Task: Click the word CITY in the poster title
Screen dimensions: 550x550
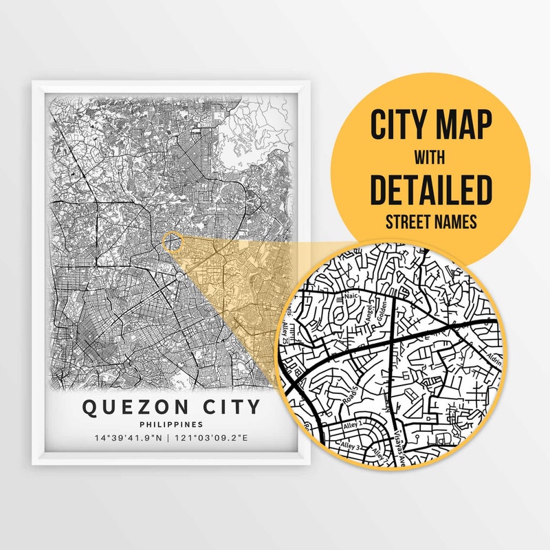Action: (226, 407)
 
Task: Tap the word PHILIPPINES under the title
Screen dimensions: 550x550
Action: (171, 425)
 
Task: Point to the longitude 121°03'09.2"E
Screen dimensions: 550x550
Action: (214, 438)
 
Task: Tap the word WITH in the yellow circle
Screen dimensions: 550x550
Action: (431, 159)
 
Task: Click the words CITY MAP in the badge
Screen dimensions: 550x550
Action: (431, 126)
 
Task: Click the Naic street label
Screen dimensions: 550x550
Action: (352, 294)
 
